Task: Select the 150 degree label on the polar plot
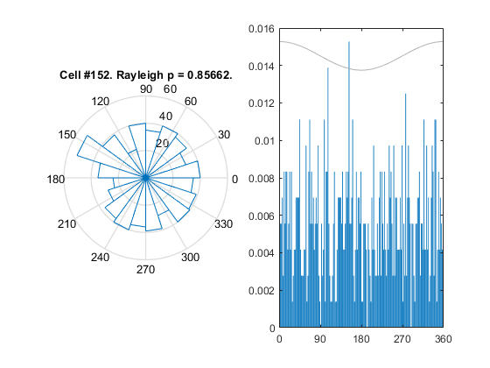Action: pos(67,135)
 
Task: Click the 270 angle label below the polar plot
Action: pos(145,270)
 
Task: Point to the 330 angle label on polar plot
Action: pos(224,224)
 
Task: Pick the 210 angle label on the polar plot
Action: pos(66,224)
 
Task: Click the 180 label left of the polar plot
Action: pos(56,180)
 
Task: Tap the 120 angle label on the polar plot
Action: pos(101,102)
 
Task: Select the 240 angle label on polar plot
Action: pos(101,258)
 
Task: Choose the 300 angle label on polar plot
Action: pos(191,258)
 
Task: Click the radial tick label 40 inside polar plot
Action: pos(165,117)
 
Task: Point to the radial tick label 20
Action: pos(162,144)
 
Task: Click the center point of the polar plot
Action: pos(145,178)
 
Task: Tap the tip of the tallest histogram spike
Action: pos(349,42)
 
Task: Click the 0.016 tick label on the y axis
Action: pos(262,29)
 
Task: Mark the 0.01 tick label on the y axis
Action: pos(264,141)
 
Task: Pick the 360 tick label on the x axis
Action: pos(443,339)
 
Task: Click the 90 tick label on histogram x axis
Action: pos(320,339)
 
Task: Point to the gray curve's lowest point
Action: pos(361,70)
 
